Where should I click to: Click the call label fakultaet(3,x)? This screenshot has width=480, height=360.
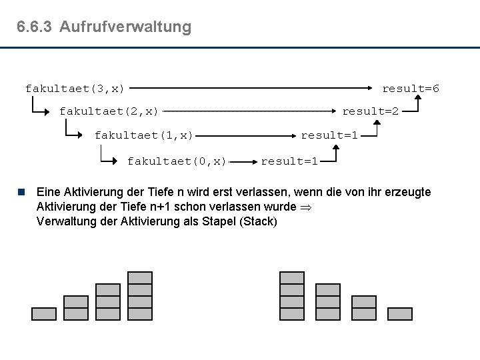click(75, 88)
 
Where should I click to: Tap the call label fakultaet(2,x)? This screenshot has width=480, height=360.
click(109, 111)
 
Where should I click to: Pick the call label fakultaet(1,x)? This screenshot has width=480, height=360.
click(143, 135)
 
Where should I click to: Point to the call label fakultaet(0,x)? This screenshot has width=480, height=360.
click(177, 161)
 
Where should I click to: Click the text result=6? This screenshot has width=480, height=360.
click(410, 88)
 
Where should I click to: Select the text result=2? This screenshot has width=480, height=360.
click(371, 111)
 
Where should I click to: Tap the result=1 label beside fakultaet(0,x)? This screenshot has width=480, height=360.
click(289, 161)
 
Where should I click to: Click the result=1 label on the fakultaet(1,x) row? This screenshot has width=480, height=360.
click(329, 135)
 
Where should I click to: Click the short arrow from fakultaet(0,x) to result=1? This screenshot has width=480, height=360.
click(244, 161)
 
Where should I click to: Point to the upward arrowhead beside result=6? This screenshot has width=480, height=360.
click(417, 99)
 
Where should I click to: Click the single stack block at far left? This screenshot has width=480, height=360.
click(44, 313)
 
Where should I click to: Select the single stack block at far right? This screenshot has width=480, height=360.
click(399, 313)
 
